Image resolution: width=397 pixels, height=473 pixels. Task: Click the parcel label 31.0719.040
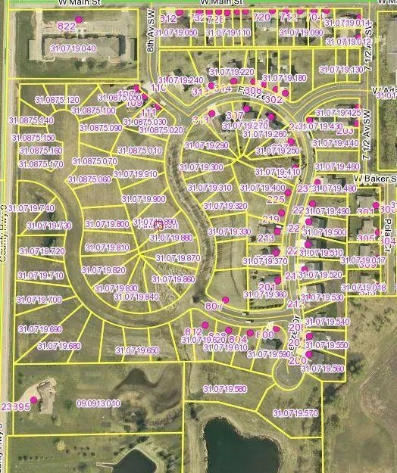tap(73, 48)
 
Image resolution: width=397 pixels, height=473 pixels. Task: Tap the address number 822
tap(67, 26)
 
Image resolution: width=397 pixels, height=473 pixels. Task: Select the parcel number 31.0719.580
tap(225, 389)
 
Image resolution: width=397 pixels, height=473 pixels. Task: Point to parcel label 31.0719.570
tap(296, 414)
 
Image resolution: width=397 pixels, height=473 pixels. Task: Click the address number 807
tap(213, 306)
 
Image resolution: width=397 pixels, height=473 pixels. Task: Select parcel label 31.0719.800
tap(107, 224)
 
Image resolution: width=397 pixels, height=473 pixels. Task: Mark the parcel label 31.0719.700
tap(39, 300)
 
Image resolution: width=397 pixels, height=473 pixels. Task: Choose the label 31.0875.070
tap(95, 161)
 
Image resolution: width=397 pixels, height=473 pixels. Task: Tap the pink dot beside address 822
tap(78, 20)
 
